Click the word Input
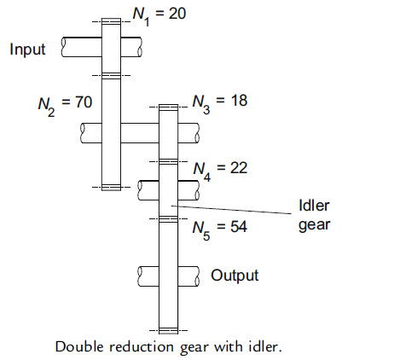[27, 49]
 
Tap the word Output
[235, 276]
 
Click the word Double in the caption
[76, 347]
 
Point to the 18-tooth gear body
[168, 133]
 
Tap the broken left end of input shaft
[65, 47]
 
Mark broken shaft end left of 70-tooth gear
[82, 132]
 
